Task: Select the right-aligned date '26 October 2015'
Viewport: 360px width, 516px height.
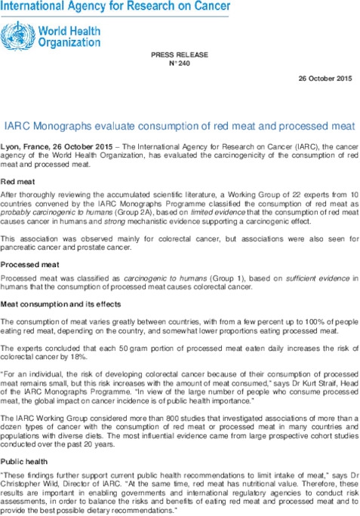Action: (325, 78)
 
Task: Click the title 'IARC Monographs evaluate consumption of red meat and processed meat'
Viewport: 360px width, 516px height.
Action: (180, 124)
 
